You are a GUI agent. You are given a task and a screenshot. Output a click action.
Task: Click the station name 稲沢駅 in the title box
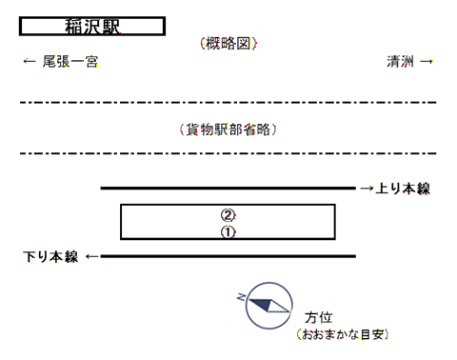coord(92,27)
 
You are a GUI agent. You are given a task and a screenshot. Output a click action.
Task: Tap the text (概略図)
coord(228,44)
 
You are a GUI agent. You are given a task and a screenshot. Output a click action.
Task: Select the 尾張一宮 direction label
coord(70,61)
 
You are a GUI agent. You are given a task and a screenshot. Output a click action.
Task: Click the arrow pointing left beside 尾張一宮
coord(30,61)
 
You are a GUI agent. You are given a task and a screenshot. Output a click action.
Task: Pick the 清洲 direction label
coord(400,61)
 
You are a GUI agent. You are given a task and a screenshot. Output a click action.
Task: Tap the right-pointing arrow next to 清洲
coord(427,61)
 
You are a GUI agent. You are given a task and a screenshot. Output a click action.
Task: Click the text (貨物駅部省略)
coord(228,130)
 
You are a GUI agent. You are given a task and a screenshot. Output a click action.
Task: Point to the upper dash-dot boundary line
coord(228,102)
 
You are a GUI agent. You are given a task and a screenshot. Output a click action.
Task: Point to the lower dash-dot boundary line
coord(228,153)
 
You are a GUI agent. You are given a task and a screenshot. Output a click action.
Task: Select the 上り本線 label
coord(403,189)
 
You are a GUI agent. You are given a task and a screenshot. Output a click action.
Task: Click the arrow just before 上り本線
coord(367,189)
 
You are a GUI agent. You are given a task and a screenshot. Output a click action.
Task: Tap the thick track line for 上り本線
coord(228,189)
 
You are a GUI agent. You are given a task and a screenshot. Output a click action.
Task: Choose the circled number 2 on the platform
coord(228,215)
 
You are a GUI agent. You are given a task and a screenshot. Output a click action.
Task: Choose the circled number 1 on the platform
coord(228,232)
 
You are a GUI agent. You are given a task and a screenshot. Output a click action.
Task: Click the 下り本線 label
coord(50,256)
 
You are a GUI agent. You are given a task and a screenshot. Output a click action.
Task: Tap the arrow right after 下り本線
coord(92,256)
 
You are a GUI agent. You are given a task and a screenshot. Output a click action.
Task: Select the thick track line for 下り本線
coord(228,256)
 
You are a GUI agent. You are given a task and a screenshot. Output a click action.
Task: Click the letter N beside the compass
coord(241,297)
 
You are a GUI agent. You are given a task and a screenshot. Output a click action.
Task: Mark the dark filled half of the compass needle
coord(262,304)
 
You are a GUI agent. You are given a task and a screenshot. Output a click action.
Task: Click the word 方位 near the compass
coord(318,317)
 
